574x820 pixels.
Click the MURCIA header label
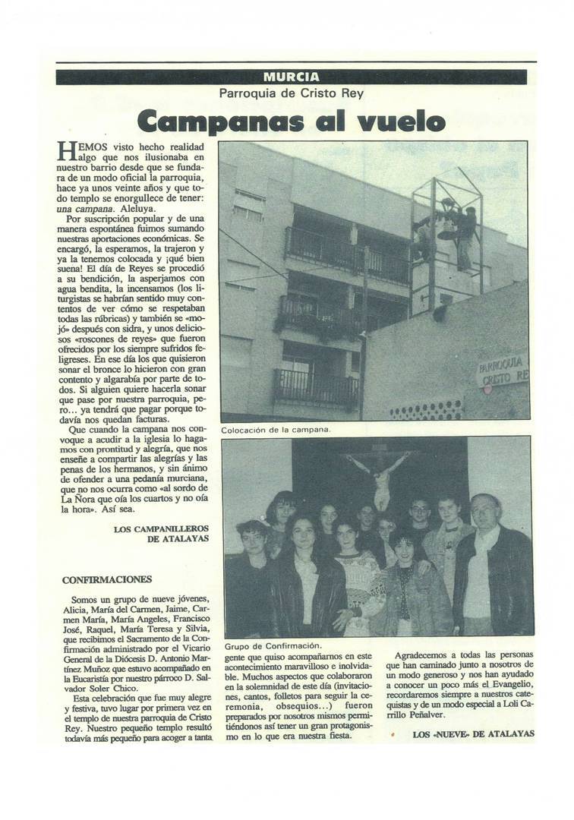(x=291, y=77)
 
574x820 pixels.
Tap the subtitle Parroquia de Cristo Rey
(x=292, y=93)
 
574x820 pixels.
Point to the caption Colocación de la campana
(x=276, y=430)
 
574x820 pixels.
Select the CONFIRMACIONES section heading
(x=107, y=579)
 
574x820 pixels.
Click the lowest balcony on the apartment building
(x=317, y=386)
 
